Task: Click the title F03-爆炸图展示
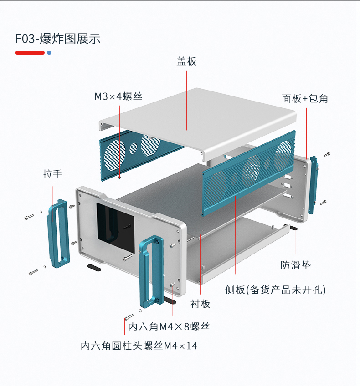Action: pos(58,39)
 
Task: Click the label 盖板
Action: pos(186,61)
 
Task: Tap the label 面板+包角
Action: pos(304,98)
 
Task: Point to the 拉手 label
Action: pos(52,174)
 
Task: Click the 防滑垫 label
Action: pos(295,265)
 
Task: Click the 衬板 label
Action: pos(200,304)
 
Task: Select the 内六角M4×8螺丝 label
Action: pos(169,326)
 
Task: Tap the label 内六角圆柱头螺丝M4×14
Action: pos(139,346)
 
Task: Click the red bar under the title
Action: pos(30,53)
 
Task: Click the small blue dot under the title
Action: pos(49,53)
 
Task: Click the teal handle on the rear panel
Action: pos(313,184)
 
